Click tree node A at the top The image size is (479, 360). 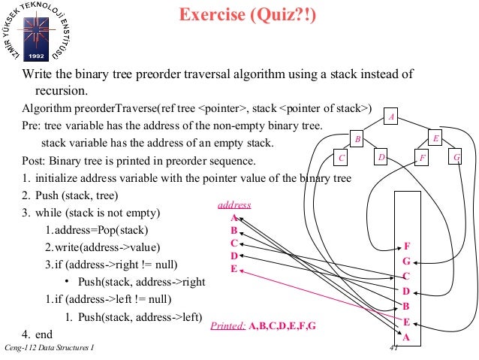pyautogui.click(x=391, y=116)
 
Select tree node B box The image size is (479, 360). pyautogui.click(x=358, y=140)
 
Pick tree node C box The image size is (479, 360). pyautogui.click(x=342, y=158)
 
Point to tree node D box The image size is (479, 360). pyautogui.click(x=381, y=158)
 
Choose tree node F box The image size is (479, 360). pyautogui.click(x=423, y=158)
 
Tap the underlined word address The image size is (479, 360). pyautogui.click(x=234, y=204)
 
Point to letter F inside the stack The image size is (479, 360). pyautogui.click(x=407, y=247)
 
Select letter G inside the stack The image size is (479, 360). pyautogui.click(x=407, y=262)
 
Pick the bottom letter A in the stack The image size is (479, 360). pyautogui.click(x=407, y=337)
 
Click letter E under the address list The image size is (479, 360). pyautogui.click(x=234, y=268)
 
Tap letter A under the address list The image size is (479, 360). pyautogui.click(x=234, y=217)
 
